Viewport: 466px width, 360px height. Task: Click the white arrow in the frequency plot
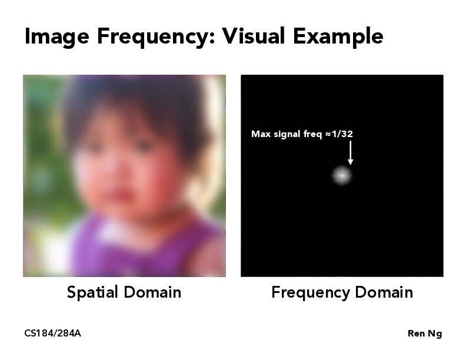point(350,152)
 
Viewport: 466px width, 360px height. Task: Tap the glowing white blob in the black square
point(341,175)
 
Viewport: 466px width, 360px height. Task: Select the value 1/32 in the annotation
point(342,134)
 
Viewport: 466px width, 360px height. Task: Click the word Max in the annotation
point(260,134)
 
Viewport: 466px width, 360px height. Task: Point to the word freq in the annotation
point(312,134)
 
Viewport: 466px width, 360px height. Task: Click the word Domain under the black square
point(385,292)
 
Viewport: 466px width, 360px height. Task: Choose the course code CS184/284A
point(52,334)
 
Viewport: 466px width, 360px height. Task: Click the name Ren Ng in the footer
point(424,334)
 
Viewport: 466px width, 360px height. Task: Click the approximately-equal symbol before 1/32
point(327,134)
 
